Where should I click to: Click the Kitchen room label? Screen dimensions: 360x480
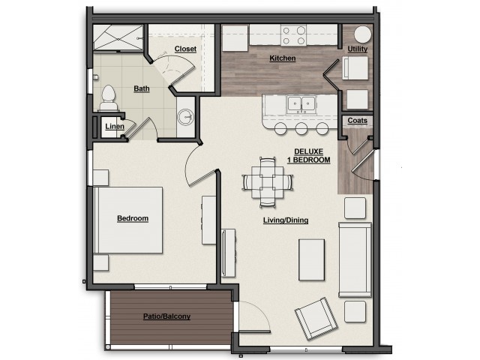283,58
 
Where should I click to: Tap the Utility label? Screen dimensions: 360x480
358,49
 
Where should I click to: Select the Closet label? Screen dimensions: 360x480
184,49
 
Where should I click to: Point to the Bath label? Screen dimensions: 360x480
142,88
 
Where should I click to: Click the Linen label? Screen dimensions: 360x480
114,126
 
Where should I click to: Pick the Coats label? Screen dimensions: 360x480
356,121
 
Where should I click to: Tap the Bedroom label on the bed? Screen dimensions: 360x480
133,219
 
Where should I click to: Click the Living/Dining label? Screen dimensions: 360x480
286,220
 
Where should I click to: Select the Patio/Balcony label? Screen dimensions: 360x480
166,316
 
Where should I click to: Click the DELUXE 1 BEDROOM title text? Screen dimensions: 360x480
310,156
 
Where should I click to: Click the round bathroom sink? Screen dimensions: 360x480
187,118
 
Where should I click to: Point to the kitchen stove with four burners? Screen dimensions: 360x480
293,34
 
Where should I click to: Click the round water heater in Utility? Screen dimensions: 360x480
361,35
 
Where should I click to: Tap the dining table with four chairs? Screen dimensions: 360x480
266,181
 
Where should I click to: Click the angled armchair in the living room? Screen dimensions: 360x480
314,317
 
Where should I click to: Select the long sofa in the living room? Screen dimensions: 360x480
355,259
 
